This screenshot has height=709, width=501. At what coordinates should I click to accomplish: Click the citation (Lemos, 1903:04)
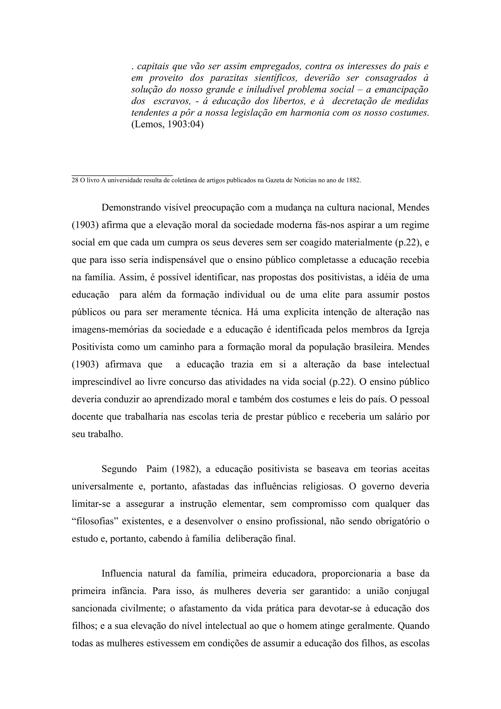pos(167,125)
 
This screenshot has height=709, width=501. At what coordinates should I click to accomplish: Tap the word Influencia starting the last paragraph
pos(122,574)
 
